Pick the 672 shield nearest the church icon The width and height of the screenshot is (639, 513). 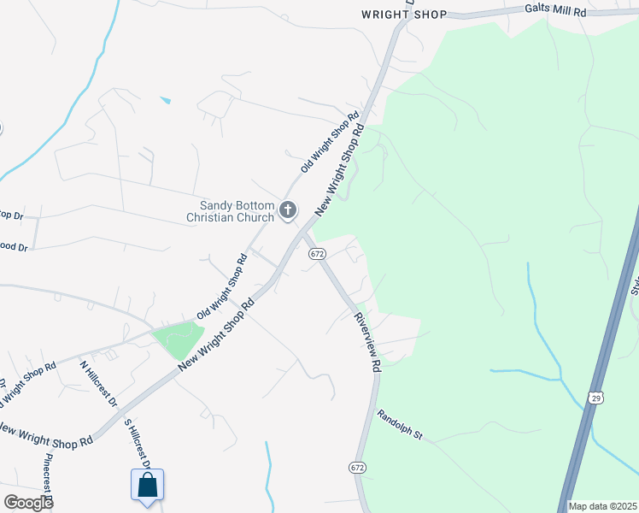click(x=317, y=254)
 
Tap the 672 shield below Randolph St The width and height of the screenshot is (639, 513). click(x=357, y=467)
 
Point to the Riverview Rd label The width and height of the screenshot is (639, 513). click(x=366, y=341)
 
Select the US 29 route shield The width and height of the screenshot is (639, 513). click(x=595, y=397)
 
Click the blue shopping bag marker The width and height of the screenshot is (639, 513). click(x=147, y=485)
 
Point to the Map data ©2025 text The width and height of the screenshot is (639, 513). click(x=603, y=506)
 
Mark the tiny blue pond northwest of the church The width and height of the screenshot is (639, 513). click(x=166, y=101)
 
